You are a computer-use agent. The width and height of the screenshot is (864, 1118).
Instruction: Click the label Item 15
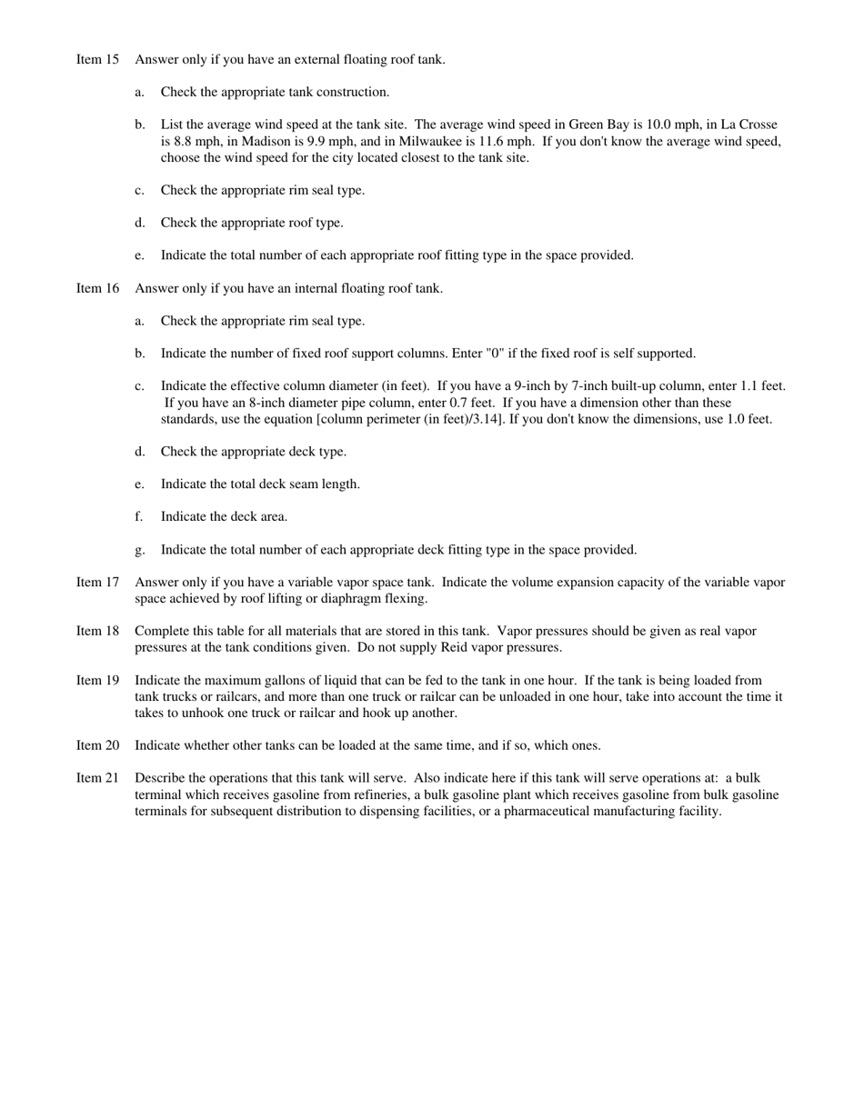click(97, 60)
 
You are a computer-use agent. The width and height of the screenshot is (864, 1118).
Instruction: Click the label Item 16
click(97, 289)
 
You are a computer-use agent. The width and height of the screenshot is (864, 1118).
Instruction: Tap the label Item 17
click(97, 583)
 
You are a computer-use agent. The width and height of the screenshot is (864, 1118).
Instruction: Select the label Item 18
click(97, 632)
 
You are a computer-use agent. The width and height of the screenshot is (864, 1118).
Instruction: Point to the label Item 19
click(97, 681)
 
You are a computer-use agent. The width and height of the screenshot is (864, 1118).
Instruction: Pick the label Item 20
click(97, 746)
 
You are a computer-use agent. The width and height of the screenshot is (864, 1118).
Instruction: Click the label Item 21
click(97, 779)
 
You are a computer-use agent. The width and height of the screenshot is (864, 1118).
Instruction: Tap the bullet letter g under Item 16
click(139, 550)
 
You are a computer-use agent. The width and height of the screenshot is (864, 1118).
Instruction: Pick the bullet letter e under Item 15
click(139, 255)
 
